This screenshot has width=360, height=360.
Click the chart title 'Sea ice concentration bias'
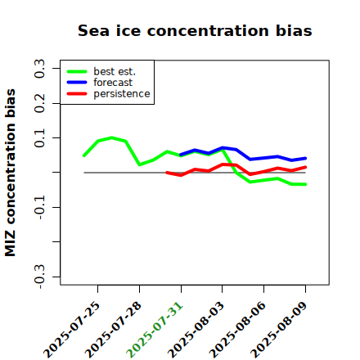click(x=195, y=30)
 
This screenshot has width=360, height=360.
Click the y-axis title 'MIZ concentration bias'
click(x=11, y=173)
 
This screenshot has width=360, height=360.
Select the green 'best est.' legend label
click(x=115, y=71)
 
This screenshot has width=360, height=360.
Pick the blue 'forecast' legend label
click(x=113, y=83)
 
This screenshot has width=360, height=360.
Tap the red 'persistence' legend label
click(x=122, y=94)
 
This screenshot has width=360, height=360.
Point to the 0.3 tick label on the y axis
click(x=39, y=69)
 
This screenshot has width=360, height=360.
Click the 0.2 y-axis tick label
click(x=39, y=103)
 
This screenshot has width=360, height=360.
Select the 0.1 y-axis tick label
click(x=39, y=138)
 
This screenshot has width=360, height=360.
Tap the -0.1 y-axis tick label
click(x=39, y=207)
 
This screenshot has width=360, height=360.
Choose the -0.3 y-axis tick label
click(x=39, y=277)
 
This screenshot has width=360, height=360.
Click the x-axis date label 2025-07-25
click(x=71, y=330)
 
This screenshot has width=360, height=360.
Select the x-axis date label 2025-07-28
click(x=113, y=330)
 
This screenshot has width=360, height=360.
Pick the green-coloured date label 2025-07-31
click(x=155, y=330)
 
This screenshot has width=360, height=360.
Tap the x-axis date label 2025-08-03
click(x=196, y=330)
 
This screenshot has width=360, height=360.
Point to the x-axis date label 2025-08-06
click(x=237, y=330)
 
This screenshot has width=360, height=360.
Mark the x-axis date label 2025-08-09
click(x=279, y=330)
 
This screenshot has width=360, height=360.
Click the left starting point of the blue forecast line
click(x=181, y=155)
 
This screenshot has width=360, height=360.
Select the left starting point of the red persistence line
click(x=167, y=173)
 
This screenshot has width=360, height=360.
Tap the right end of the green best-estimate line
click(x=305, y=184)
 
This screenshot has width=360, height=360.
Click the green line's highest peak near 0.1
click(x=112, y=137)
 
